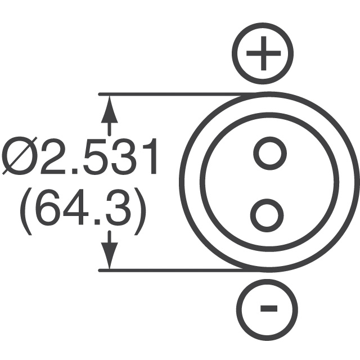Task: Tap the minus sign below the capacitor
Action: (x=268, y=308)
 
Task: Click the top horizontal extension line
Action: (x=169, y=94)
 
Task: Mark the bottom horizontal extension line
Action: (x=169, y=271)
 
